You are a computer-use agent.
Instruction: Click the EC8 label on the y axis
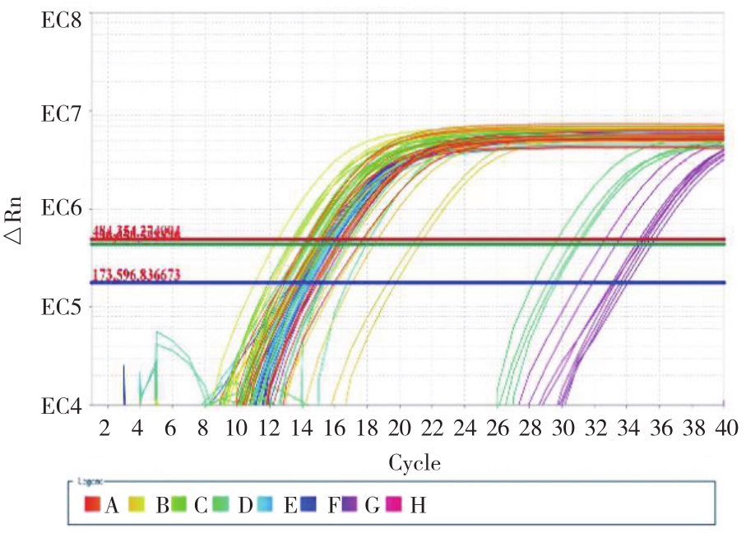click(x=62, y=17)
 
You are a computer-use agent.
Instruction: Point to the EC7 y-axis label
click(x=62, y=113)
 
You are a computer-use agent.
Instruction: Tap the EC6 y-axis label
click(x=62, y=209)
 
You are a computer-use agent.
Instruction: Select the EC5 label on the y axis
click(x=62, y=307)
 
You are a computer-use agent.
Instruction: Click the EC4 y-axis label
click(x=62, y=406)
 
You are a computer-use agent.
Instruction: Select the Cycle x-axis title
click(x=414, y=464)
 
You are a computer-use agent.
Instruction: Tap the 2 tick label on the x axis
click(x=104, y=429)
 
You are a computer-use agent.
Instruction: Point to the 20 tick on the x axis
click(x=399, y=429)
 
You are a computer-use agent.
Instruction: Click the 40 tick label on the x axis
click(x=724, y=429)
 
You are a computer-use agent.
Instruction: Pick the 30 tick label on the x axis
click(x=563, y=429)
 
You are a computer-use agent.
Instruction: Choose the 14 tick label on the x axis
click(x=301, y=429)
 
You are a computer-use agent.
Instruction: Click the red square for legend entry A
click(x=92, y=503)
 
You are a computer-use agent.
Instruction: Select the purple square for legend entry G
click(x=350, y=503)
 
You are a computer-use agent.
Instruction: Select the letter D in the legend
click(x=244, y=503)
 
